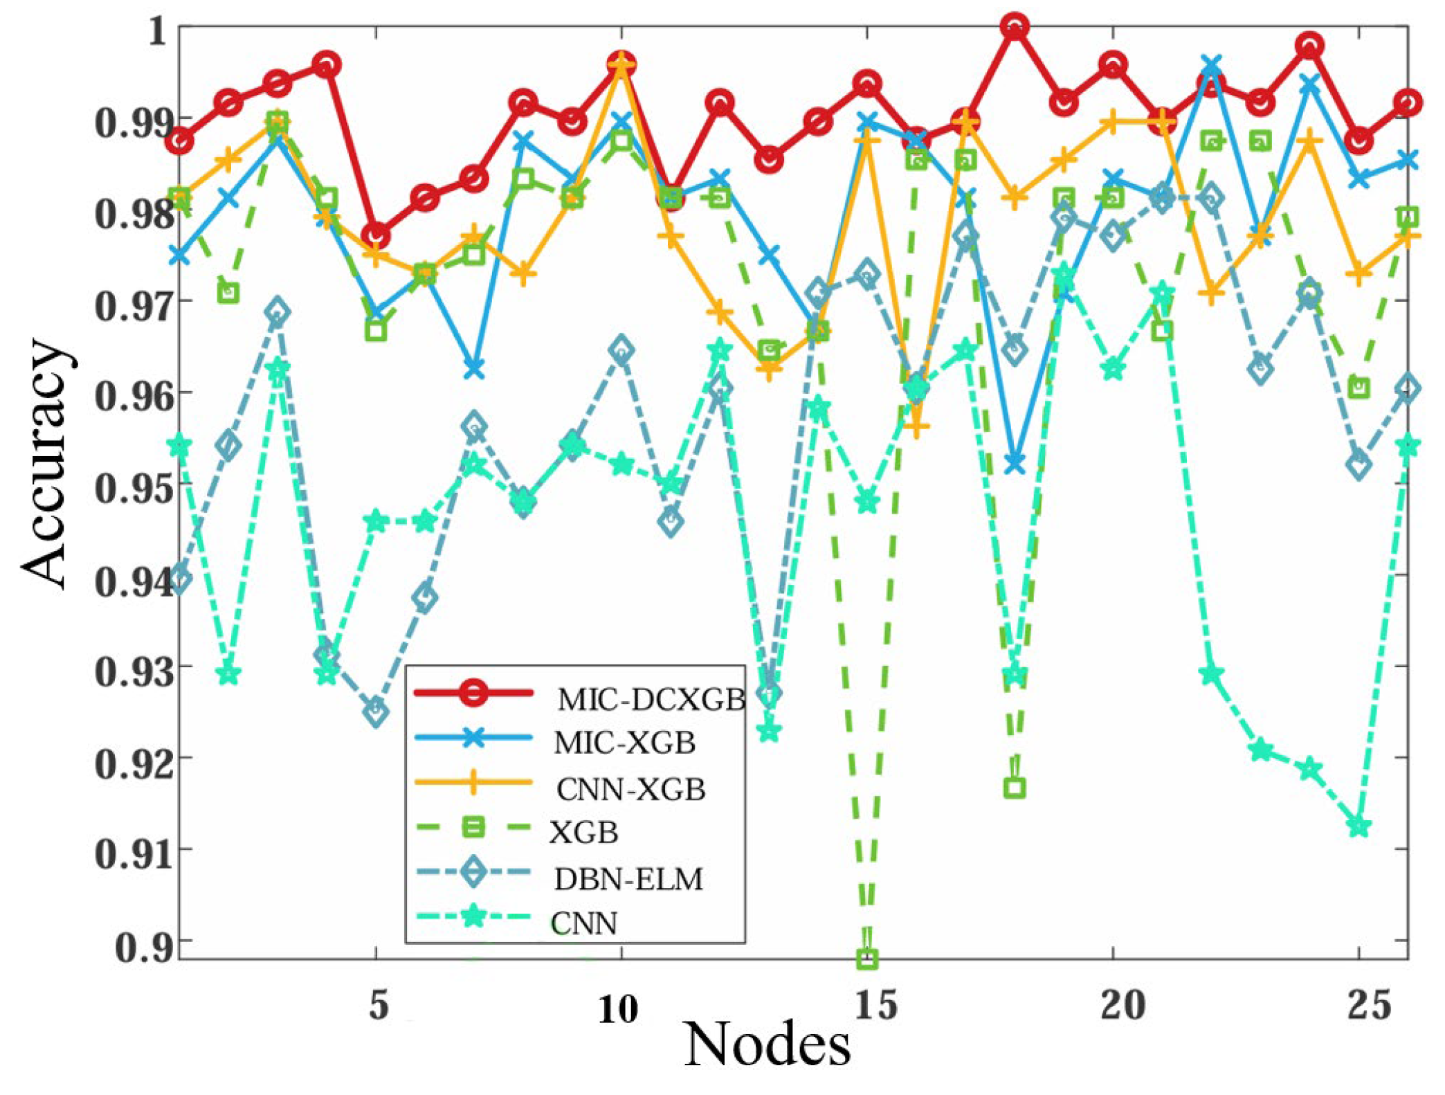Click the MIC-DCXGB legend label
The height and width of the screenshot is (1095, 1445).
(x=651, y=700)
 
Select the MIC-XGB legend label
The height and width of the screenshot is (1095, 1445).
(x=624, y=743)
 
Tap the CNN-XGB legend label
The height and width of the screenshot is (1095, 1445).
(x=630, y=789)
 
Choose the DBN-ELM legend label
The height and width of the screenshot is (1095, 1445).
(x=628, y=879)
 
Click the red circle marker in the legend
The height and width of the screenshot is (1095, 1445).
(x=474, y=692)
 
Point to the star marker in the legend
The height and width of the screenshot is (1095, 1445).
(x=474, y=918)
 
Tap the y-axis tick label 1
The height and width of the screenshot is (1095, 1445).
(x=158, y=31)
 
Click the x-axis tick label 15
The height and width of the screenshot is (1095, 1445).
(x=875, y=1004)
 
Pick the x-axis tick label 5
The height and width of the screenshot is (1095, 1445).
(x=378, y=1004)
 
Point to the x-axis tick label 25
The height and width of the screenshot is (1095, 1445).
(x=1368, y=1004)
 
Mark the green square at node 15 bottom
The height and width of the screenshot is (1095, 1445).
(x=867, y=959)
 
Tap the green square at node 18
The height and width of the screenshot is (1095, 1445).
(x=1015, y=788)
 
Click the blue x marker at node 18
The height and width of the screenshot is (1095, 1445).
(x=1015, y=464)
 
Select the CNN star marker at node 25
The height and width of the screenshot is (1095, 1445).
(x=1359, y=827)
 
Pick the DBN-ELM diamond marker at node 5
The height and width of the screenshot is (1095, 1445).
(x=376, y=711)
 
